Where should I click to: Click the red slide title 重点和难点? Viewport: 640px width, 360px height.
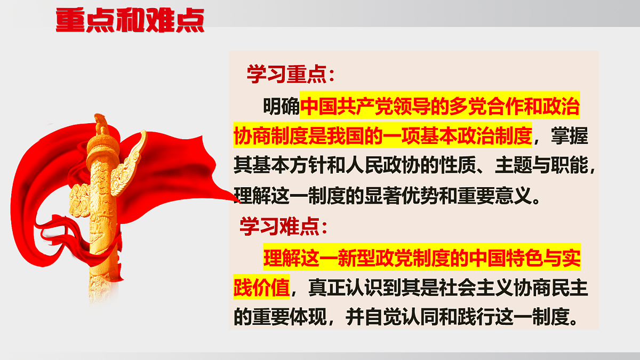click(130, 20)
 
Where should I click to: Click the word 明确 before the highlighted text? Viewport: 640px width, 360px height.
click(281, 107)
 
